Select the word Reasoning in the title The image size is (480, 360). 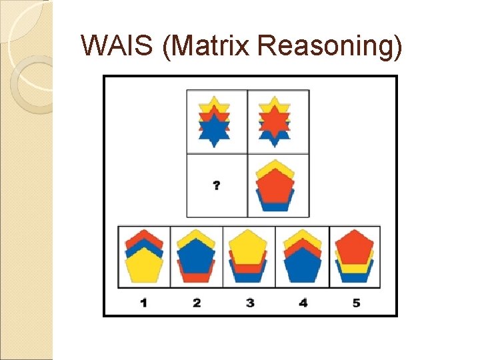click(x=329, y=46)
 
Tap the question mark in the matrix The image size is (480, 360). click(x=217, y=186)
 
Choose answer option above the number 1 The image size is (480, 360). click(x=145, y=257)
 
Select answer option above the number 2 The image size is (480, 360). click(x=197, y=257)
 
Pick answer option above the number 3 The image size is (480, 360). click(x=249, y=257)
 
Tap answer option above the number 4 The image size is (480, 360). click(x=302, y=257)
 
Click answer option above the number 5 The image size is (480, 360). click(x=354, y=257)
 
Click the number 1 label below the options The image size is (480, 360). click(x=144, y=303)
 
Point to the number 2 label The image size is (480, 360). click(x=197, y=303)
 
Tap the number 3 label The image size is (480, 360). click(x=249, y=303)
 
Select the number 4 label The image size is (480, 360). click(x=303, y=303)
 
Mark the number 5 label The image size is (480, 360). click(x=355, y=303)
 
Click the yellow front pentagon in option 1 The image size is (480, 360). click(x=145, y=266)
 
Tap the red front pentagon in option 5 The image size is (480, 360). click(x=354, y=247)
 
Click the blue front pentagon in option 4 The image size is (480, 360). click(x=302, y=266)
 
